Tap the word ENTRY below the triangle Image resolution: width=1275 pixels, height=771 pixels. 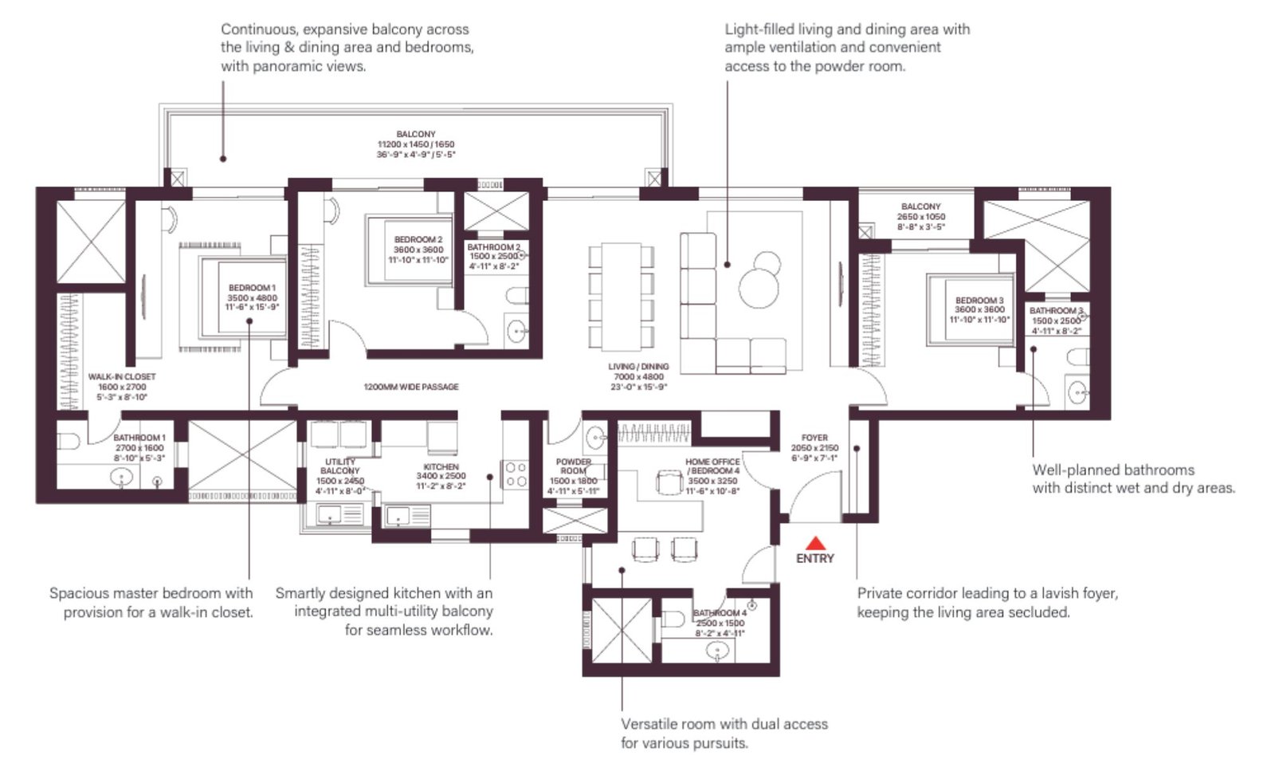[x=814, y=558]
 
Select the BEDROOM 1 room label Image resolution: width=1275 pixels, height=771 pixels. [x=252, y=288]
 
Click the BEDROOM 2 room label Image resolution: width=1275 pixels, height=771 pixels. [x=418, y=239]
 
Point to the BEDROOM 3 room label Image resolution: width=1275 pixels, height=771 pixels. [x=979, y=301]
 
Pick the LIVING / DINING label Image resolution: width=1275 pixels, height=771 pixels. [x=638, y=367]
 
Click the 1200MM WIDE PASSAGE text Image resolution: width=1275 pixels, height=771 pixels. [x=411, y=387]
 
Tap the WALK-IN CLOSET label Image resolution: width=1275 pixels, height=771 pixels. [x=122, y=376]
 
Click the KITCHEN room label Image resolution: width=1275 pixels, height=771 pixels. [x=441, y=466]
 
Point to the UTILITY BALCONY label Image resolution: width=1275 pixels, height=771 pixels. [x=340, y=466]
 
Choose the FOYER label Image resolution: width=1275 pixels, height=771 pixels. [x=814, y=438]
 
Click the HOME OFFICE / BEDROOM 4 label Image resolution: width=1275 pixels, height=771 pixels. [x=712, y=466]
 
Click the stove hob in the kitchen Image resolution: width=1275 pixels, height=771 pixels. [x=514, y=474]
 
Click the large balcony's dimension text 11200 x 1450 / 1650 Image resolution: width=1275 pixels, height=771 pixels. [x=416, y=144]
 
